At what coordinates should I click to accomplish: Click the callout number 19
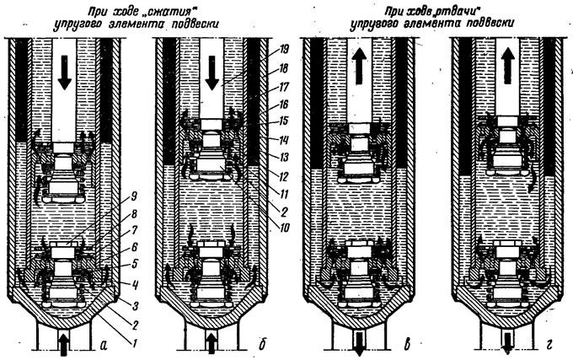click(x=284, y=50)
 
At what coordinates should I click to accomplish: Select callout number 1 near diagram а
click(x=134, y=343)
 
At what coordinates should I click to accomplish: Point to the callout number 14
click(x=284, y=140)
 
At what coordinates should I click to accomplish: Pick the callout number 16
click(x=284, y=105)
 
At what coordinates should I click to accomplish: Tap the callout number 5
click(x=134, y=264)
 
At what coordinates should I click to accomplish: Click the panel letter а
click(x=104, y=344)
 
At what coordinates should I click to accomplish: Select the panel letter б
click(x=262, y=343)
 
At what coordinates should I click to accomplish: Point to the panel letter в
click(x=408, y=344)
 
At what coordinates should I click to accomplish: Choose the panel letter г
click(x=549, y=345)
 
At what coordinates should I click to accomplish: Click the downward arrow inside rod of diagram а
click(x=65, y=73)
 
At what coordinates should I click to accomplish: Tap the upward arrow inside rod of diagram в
click(x=359, y=67)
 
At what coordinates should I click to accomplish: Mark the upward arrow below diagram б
click(x=212, y=344)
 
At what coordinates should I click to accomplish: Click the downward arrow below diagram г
click(x=507, y=343)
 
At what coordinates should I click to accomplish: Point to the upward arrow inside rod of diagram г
click(x=507, y=66)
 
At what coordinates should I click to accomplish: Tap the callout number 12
click(x=284, y=176)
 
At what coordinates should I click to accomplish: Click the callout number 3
click(x=135, y=305)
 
